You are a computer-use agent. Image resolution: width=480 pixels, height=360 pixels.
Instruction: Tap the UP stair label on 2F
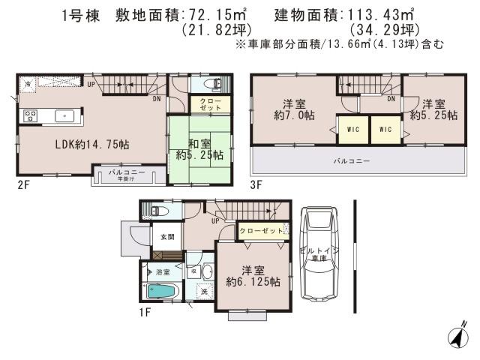[x=91, y=84]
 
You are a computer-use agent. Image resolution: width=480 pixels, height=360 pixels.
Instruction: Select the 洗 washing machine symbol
[x=202, y=292]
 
